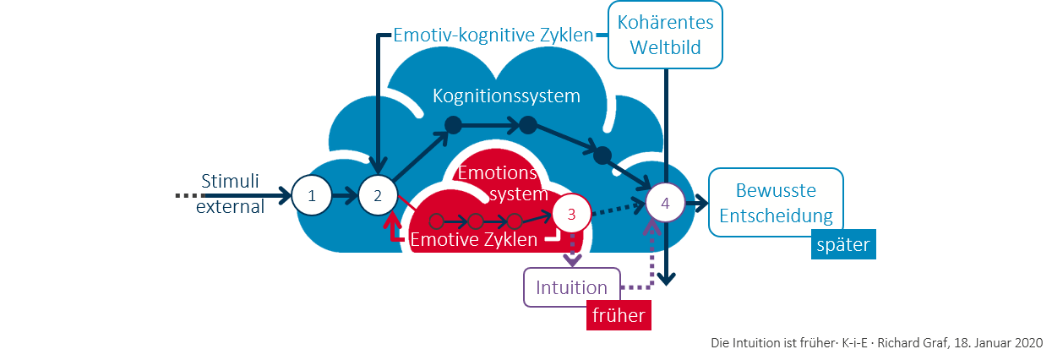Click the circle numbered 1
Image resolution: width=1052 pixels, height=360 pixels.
313,196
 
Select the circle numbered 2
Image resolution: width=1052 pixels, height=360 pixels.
378,196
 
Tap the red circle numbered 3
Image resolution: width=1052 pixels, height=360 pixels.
571,214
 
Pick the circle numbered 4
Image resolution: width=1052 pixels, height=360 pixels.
665,204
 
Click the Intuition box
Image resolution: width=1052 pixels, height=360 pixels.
572,287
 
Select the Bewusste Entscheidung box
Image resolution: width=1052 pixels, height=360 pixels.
776,203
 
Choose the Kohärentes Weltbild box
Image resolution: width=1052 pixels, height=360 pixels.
666,35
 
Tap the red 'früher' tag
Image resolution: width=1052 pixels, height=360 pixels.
618,315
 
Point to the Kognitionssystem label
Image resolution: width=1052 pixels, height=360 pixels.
506,95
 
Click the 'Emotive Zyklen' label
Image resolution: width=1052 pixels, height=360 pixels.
473,240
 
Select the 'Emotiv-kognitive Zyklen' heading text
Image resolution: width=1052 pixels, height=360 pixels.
493,35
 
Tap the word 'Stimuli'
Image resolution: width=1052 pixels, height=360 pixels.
230,181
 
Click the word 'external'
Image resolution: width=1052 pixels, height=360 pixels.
230,205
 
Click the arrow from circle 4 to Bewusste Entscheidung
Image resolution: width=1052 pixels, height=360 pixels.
696,204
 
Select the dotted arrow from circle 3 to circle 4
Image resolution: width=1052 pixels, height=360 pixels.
614,208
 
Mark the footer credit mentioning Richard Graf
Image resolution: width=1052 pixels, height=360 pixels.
875,342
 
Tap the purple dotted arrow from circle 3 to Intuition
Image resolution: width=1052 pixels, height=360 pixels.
572,251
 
